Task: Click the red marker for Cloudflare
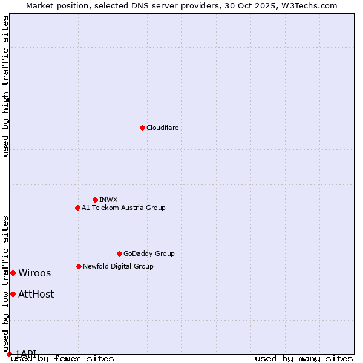[x=142, y=128]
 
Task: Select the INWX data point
[x=95, y=200]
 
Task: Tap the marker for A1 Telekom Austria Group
[x=77, y=208]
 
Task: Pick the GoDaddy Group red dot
[x=119, y=253]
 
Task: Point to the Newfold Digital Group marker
[x=79, y=266]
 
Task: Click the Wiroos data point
[x=13, y=273]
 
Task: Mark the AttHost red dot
[x=13, y=294]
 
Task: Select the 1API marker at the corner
[x=9, y=354]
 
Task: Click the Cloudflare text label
[x=162, y=128]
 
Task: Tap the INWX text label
[x=108, y=200]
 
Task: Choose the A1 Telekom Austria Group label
[x=123, y=208]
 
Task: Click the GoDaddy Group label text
[x=149, y=253]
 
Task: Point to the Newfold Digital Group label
[x=118, y=266]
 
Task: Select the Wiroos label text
[x=34, y=273]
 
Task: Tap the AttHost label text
[x=36, y=294]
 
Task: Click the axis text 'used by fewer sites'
[x=62, y=358]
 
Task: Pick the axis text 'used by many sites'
[x=304, y=358]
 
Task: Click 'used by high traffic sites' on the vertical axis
[x=5, y=86]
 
